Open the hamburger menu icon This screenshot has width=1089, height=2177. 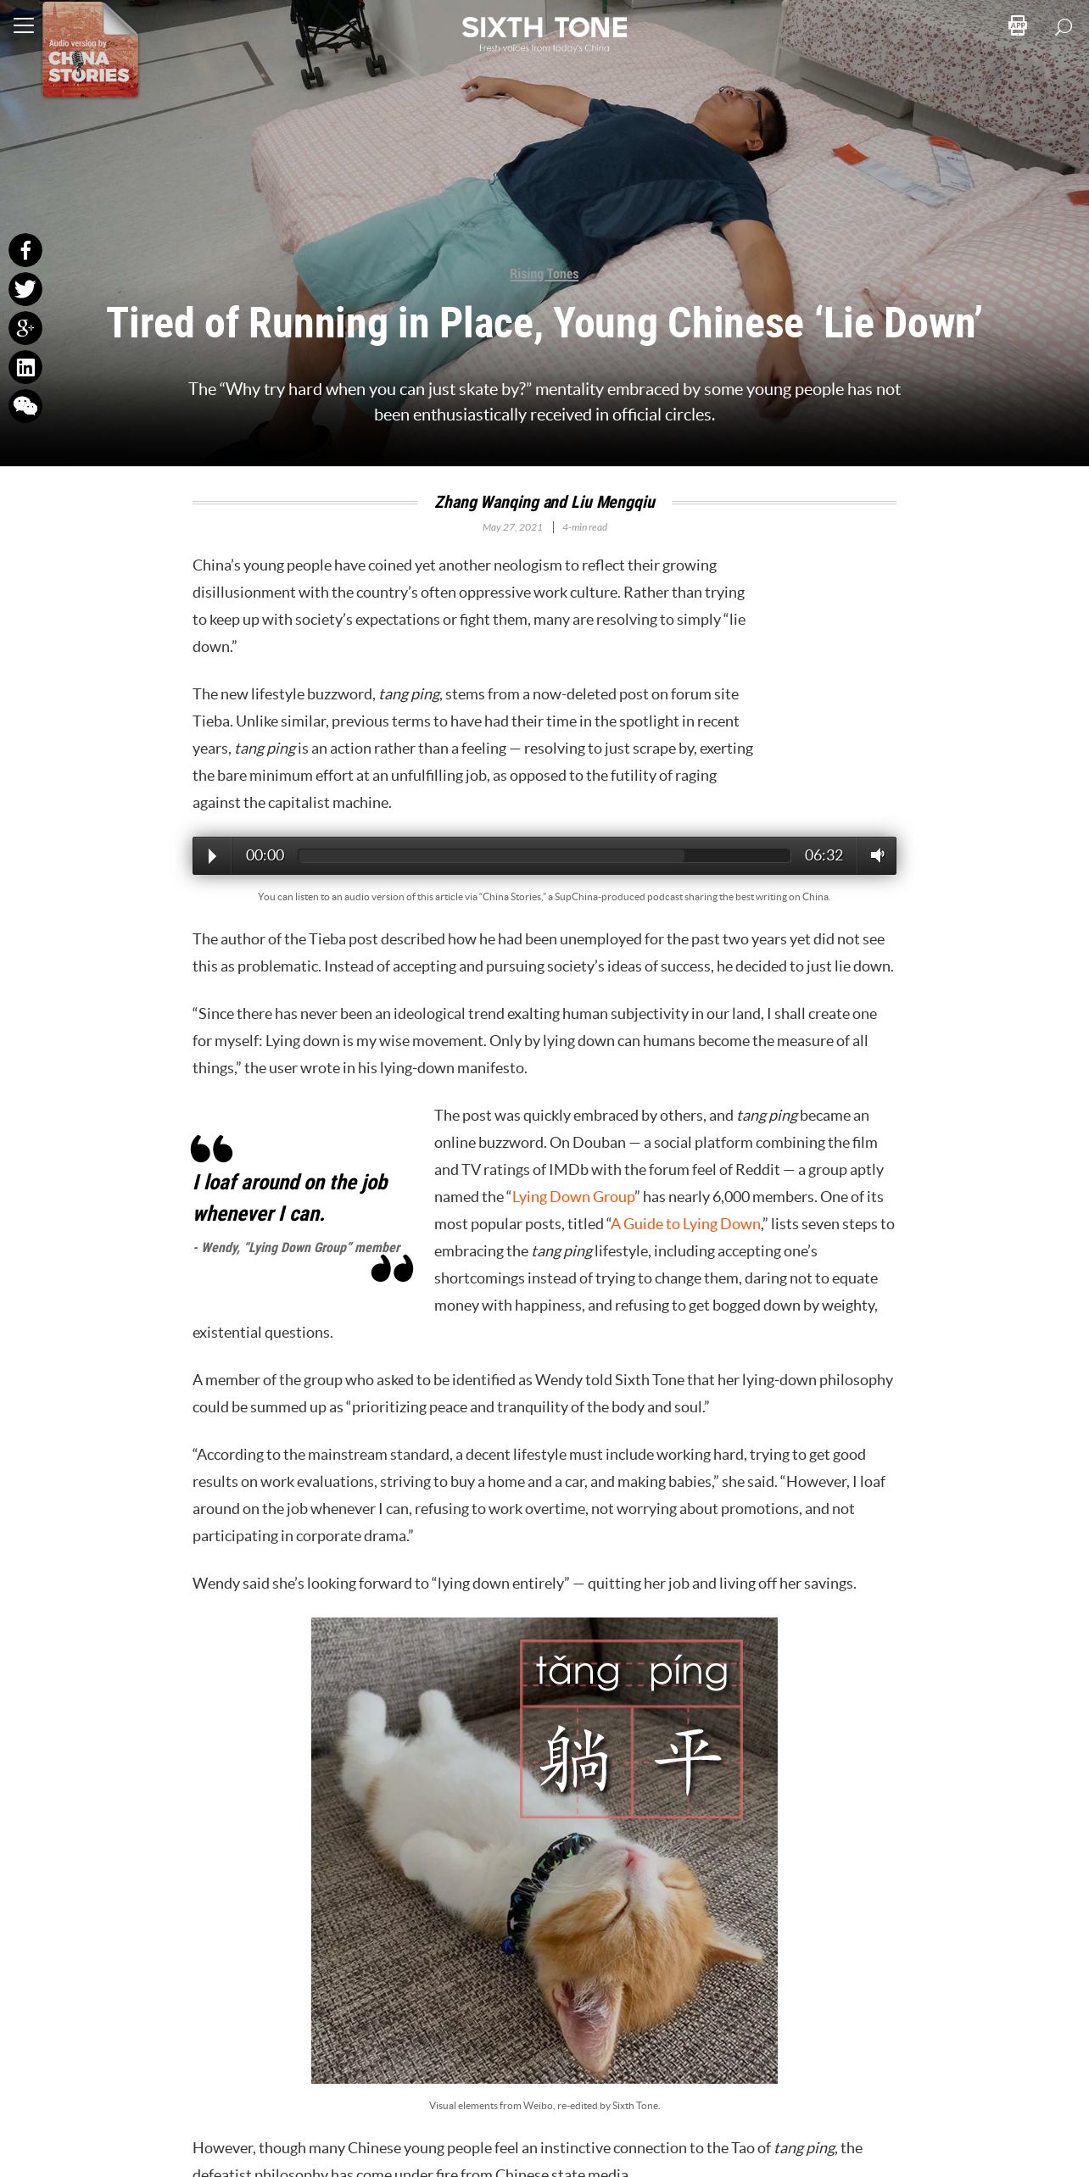24,25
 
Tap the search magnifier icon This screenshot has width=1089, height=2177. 1063,26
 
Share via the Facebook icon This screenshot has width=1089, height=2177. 25,250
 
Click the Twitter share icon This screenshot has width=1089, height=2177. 25,289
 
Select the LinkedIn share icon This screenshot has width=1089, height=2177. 25,367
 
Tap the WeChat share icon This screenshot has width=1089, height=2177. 25,406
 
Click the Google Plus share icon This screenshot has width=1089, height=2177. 25,328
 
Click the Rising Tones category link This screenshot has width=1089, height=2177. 544,274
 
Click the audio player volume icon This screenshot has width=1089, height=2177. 877,855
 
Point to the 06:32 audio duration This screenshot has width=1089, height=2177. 824,855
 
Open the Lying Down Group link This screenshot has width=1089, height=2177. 573,1197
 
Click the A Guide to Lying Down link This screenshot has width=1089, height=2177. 685,1224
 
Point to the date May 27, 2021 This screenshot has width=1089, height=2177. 512,527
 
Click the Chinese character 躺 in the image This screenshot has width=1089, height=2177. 575,1760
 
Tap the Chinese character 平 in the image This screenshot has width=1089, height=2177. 687,1760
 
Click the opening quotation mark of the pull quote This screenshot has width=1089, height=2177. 211,1149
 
